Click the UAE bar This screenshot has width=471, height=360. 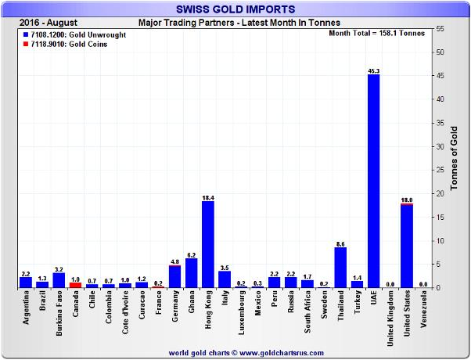pyautogui.click(x=373, y=181)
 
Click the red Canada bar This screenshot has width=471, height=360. pyautogui.click(x=75, y=285)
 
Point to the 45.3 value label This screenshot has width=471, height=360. pyautogui.click(x=373, y=70)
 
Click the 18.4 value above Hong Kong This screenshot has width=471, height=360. pyautogui.click(x=208, y=197)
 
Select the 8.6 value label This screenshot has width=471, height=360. pyautogui.click(x=340, y=243)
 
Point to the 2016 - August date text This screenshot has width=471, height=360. pyautogui.click(x=45, y=22)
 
